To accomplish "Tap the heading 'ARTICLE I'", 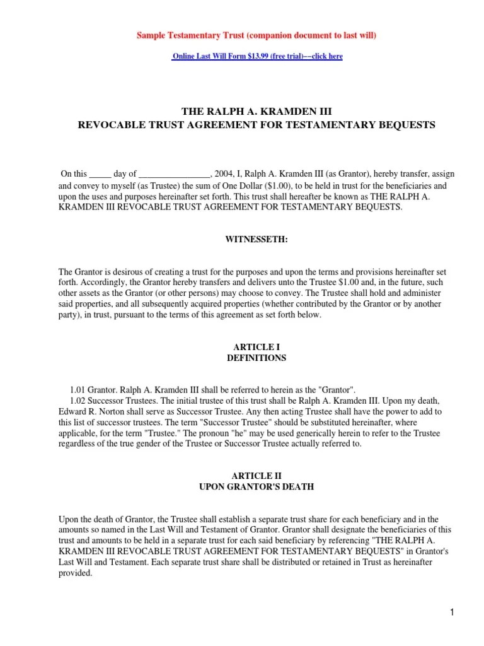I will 256,347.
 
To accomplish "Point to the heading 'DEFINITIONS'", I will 256,358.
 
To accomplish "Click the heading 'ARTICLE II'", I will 256,476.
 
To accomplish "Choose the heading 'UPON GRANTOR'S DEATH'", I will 256,487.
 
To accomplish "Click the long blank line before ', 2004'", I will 173,173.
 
